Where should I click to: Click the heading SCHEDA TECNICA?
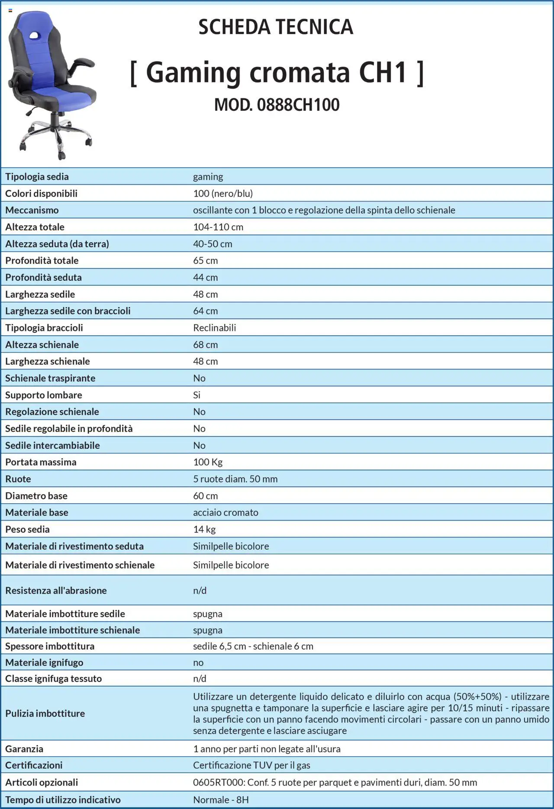point(276,27)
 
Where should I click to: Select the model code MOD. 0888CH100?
point(277,105)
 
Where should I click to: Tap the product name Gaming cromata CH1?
point(277,72)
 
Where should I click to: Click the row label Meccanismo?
point(32,210)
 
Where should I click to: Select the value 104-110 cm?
point(218,227)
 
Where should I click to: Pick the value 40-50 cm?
point(213,244)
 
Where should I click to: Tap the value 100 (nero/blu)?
point(223,193)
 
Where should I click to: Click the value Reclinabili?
point(215,328)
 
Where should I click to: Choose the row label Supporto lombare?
point(44,395)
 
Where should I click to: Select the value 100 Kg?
point(208,462)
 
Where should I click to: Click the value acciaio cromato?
point(225,512)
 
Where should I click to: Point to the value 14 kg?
point(204,529)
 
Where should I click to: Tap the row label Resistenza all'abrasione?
point(56,590)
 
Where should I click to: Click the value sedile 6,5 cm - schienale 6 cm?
point(253,646)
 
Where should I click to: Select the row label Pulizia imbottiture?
point(45,713)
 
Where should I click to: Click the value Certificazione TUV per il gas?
point(251,765)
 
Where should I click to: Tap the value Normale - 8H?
point(221,800)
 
